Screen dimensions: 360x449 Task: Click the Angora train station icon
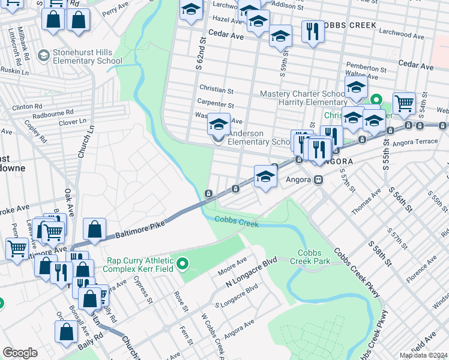(319, 179)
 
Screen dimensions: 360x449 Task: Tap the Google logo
(20, 353)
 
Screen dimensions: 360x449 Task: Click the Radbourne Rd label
(53, 112)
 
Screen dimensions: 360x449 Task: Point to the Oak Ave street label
(69, 205)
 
